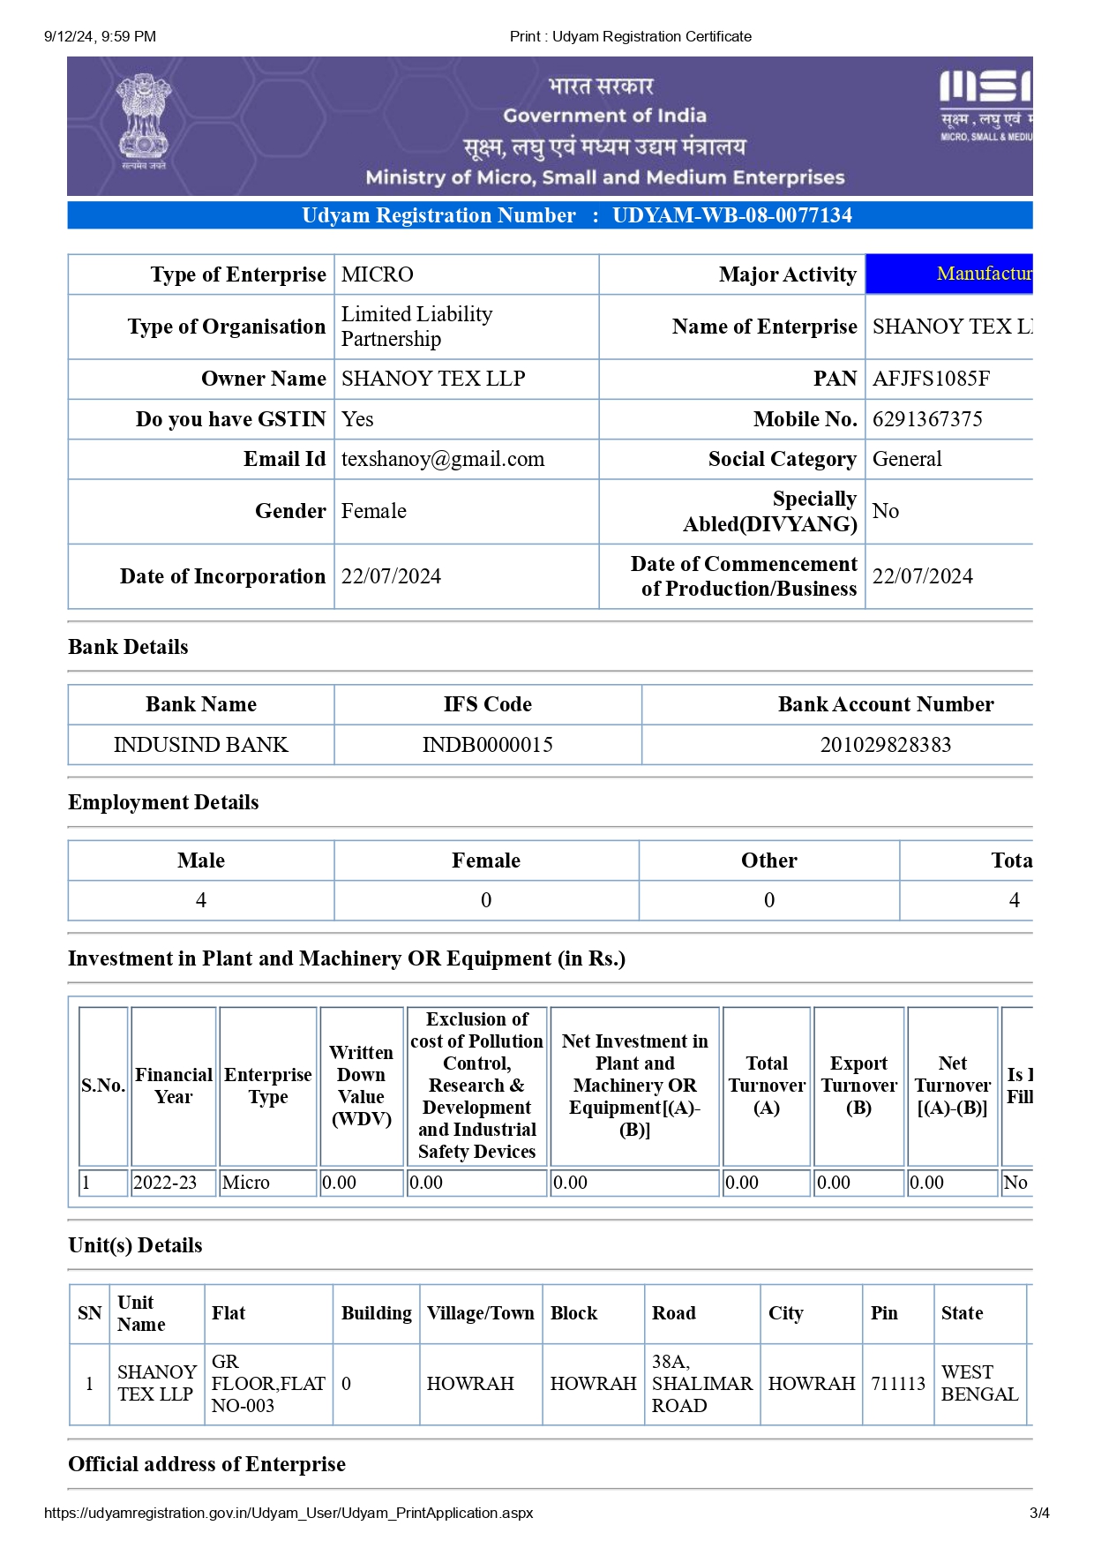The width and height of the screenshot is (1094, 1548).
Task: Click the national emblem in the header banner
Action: (144, 122)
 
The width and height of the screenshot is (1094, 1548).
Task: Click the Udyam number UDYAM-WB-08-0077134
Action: (731, 215)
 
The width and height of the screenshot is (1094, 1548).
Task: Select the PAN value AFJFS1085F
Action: (931, 379)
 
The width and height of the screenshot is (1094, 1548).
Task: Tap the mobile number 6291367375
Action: (927, 419)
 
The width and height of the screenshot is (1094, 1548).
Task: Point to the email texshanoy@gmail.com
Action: (443, 459)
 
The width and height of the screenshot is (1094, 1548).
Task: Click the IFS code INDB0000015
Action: (487, 745)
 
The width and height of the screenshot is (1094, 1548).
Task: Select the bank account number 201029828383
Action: (885, 745)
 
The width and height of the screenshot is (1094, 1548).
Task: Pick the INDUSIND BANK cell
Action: (201, 745)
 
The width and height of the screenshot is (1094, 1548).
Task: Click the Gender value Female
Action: (374, 511)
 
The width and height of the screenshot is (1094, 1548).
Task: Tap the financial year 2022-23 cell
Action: (165, 1183)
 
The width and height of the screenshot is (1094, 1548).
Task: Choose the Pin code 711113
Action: (898, 1384)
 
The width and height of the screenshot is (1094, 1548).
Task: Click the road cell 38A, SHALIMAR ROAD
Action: (701, 1384)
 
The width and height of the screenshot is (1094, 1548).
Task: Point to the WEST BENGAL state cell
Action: (979, 1384)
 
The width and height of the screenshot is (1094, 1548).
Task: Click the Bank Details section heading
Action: (129, 647)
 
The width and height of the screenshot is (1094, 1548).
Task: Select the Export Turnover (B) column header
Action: (858, 1086)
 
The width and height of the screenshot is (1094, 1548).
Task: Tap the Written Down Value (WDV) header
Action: (361, 1086)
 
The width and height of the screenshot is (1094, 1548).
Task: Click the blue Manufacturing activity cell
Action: (948, 274)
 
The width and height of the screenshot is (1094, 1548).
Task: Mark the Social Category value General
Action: (907, 459)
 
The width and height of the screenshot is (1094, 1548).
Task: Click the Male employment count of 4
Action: (201, 900)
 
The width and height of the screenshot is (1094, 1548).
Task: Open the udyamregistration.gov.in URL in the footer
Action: (288, 1513)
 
